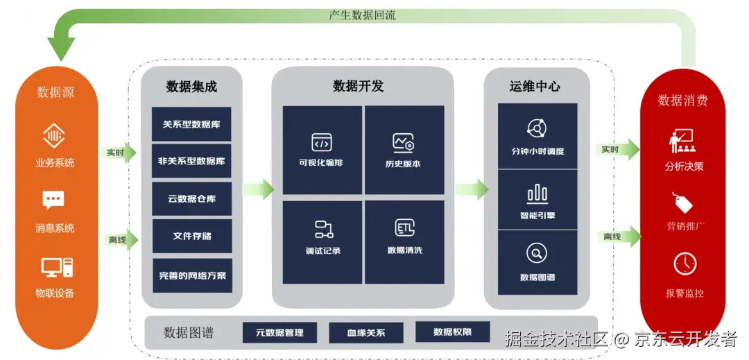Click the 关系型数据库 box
[191, 124]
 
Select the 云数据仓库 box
[191, 199]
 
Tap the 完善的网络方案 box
[191, 275]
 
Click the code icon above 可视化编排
[322, 142]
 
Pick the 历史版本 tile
[404, 150]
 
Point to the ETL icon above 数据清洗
[404, 228]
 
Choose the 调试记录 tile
[322, 237]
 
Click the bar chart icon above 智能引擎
[537, 194]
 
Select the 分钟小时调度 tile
[537, 136]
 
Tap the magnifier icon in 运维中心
[537, 253]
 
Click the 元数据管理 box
[279, 332]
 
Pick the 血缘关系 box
[365, 332]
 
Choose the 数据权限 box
[452, 332]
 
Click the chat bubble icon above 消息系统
[55, 200]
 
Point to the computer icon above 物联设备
[55, 267]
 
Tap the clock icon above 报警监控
[685, 264]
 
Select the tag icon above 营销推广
[684, 203]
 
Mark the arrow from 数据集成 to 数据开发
[258, 189]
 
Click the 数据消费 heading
[682, 101]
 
